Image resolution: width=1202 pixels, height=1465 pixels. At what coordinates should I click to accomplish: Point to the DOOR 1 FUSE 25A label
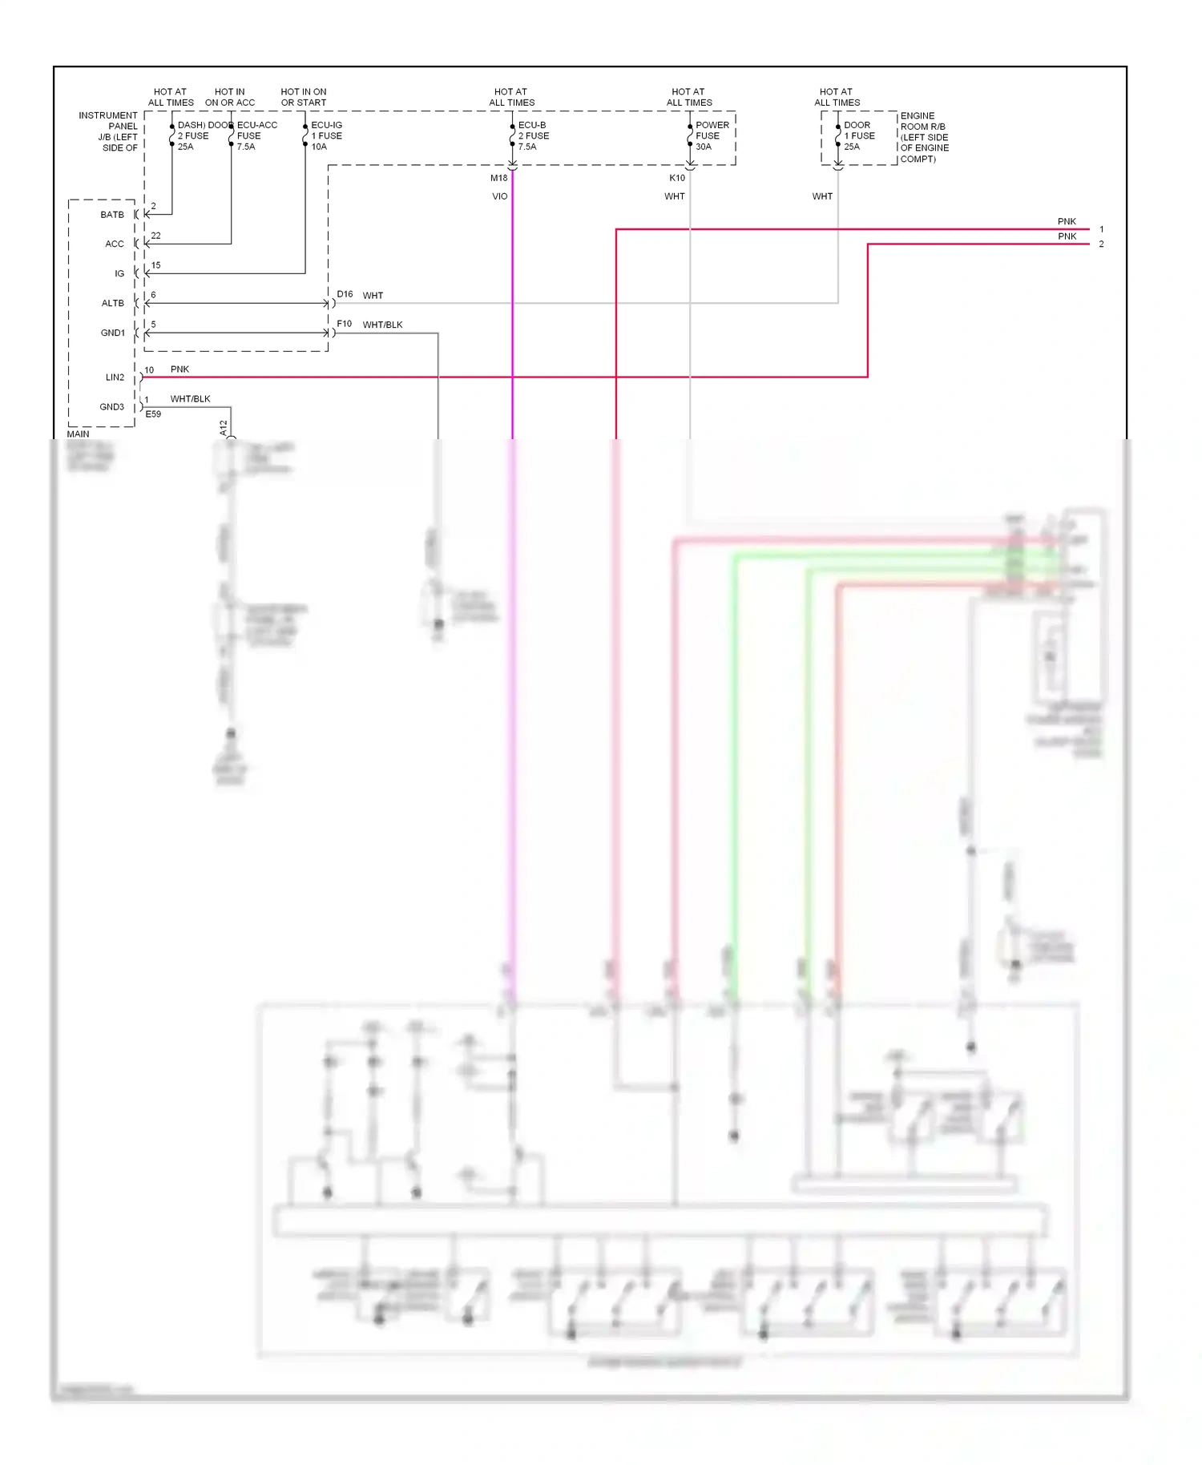(x=858, y=135)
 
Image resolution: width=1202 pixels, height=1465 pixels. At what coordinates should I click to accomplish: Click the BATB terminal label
(x=112, y=215)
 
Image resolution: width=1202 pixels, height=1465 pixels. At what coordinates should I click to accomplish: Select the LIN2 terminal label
(x=115, y=377)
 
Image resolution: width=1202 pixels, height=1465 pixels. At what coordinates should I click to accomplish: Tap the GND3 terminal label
(x=111, y=407)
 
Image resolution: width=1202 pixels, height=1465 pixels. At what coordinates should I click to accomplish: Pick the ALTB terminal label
(x=112, y=303)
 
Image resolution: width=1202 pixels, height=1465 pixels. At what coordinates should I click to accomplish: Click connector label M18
(x=498, y=178)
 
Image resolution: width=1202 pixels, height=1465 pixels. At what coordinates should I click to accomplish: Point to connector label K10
(x=677, y=178)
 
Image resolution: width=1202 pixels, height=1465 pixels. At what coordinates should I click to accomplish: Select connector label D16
(x=345, y=294)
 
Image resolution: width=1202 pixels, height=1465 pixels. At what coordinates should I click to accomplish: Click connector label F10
(x=344, y=324)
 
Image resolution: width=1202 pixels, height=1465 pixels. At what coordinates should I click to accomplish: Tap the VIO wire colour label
(x=499, y=196)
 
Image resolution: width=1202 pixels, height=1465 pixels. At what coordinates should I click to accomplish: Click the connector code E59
(x=153, y=414)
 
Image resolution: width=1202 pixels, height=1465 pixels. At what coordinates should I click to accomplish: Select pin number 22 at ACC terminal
(x=155, y=236)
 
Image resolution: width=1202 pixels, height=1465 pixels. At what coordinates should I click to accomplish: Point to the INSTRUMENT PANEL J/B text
(x=109, y=131)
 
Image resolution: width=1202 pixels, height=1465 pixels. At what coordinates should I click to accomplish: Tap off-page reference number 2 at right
(x=1101, y=244)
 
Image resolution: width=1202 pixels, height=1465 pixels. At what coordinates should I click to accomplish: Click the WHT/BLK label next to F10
(x=382, y=325)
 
